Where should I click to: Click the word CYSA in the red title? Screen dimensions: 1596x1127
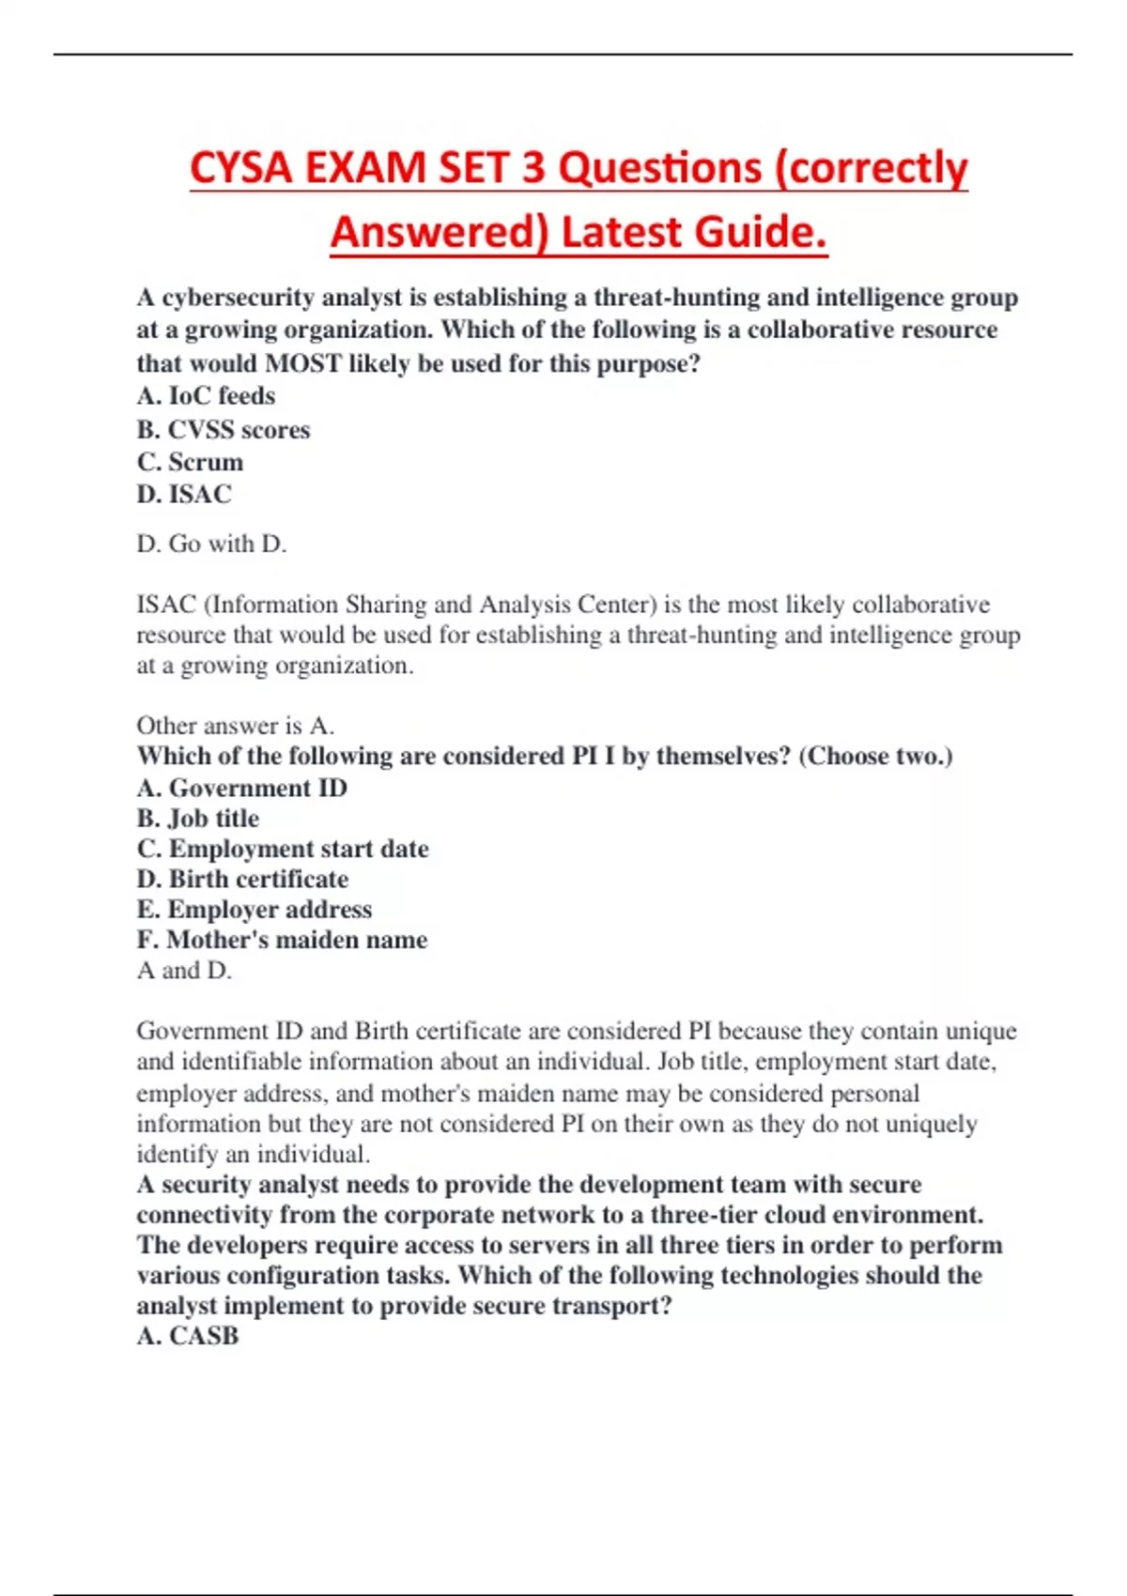[x=240, y=169]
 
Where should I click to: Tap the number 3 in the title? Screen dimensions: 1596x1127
[x=533, y=169]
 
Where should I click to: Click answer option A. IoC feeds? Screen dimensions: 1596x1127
[x=206, y=396]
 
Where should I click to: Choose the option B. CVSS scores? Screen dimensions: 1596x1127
[x=224, y=429]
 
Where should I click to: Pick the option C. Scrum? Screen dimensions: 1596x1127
[x=190, y=462]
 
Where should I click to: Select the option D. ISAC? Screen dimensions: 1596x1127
[x=184, y=494]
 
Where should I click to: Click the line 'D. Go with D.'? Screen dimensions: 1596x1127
[x=211, y=544]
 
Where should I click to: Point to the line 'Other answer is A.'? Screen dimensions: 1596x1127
[x=235, y=726]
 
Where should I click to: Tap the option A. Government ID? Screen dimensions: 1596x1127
[x=241, y=788]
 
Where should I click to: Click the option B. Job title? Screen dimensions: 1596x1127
[x=197, y=819]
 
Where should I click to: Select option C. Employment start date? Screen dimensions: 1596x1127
[x=283, y=849]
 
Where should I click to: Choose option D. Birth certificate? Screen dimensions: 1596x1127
[x=242, y=879]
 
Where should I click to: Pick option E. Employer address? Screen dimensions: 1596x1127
[x=254, y=910]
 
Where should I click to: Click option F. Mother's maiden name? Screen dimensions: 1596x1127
[x=282, y=940]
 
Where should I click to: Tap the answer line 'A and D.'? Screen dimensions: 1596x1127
[x=184, y=970]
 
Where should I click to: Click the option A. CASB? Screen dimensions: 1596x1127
[x=188, y=1336]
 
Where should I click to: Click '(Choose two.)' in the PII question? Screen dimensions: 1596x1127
[x=875, y=757]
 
